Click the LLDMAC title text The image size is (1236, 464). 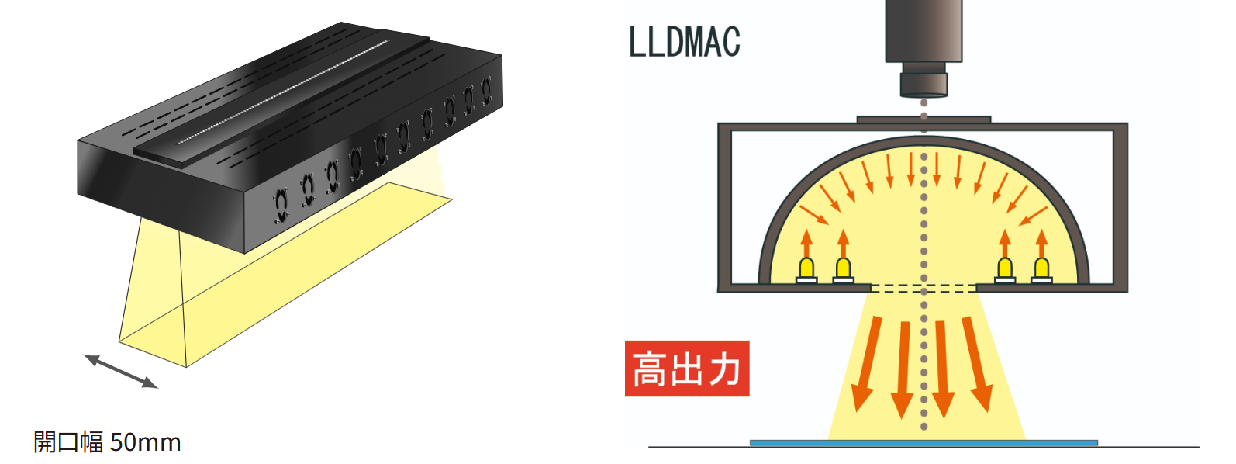click(x=684, y=42)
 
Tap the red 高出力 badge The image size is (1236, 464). click(x=687, y=369)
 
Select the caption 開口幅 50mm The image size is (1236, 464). click(x=107, y=442)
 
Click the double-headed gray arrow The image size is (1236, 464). click(x=120, y=371)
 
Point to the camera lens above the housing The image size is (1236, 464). click(x=924, y=84)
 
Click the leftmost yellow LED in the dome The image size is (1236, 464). click(x=806, y=269)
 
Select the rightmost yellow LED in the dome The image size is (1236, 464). click(x=1041, y=269)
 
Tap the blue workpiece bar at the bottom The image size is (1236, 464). click(x=923, y=443)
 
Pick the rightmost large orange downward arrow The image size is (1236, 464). click(x=977, y=362)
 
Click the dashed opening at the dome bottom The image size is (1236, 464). click(x=923, y=289)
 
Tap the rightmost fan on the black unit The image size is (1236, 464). click(x=486, y=92)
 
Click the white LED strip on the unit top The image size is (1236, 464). click(x=283, y=93)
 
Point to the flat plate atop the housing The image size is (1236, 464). click(x=923, y=119)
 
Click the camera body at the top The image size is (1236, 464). click(x=924, y=31)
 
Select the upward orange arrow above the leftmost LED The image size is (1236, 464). click(x=806, y=242)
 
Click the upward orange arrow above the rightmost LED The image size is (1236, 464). click(x=1041, y=242)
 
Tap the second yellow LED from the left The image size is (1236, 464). click(x=843, y=269)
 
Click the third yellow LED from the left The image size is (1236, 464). click(x=1005, y=269)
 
